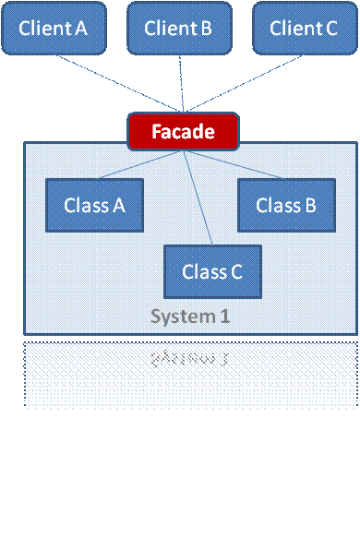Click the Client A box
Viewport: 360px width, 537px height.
pyautogui.click(x=53, y=28)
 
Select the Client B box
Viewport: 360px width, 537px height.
pyautogui.click(x=178, y=28)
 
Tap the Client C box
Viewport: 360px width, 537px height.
pyautogui.click(x=304, y=28)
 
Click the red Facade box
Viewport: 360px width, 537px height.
pyautogui.click(x=183, y=131)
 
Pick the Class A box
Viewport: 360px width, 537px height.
pyautogui.click(x=95, y=205)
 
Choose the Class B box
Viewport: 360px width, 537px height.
pyautogui.click(x=285, y=205)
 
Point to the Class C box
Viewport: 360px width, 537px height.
pyautogui.click(x=212, y=271)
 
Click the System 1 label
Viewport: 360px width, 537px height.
pyautogui.click(x=190, y=316)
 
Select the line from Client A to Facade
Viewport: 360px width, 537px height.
pyautogui.click(x=120, y=82)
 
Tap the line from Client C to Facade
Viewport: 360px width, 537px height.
pyautogui.click(x=245, y=82)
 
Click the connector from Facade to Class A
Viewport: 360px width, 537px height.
pyautogui.click(x=138, y=165)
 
